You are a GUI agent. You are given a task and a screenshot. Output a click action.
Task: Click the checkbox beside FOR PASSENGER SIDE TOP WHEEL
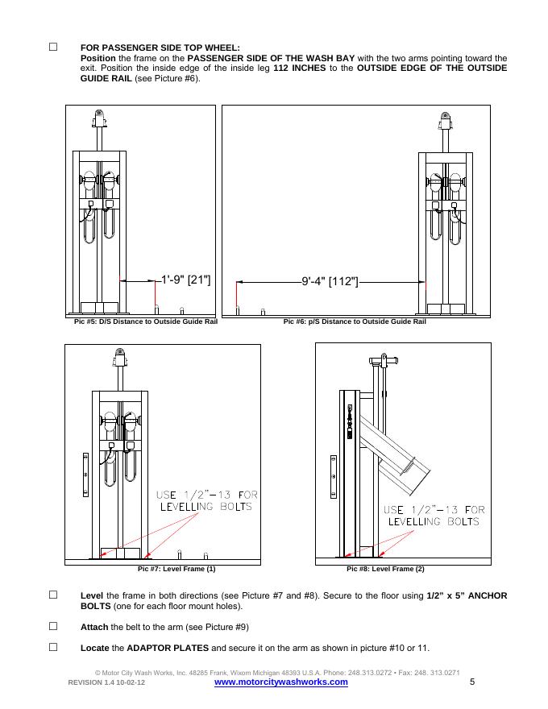[53, 47]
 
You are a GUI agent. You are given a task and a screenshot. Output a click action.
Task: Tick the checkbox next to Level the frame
[53, 595]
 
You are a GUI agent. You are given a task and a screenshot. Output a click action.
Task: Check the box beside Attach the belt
[53, 626]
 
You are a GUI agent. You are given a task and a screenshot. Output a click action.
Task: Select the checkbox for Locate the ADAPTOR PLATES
[53, 647]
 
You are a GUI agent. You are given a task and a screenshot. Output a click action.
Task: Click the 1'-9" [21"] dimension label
[186, 280]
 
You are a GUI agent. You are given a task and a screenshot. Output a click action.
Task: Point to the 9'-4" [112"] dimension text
[330, 282]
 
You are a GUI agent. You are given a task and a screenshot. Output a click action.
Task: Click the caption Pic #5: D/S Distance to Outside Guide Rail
[146, 321]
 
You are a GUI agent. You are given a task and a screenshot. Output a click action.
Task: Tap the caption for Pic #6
[355, 321]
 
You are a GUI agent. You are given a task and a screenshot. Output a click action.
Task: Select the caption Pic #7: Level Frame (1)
[176, 569]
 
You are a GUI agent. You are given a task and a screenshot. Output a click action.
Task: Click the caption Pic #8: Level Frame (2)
[385, 569]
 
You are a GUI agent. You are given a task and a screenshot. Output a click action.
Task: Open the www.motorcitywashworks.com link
[280, 682]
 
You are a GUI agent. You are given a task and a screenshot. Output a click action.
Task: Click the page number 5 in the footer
[472, 682]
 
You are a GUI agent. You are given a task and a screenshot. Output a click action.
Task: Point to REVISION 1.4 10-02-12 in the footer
[106, 682]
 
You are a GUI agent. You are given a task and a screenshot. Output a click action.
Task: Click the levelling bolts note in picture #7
[206, 500]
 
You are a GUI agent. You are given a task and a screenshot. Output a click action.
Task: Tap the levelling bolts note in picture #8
[434, 516]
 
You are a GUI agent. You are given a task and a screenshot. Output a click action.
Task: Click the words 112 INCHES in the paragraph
[299, 68]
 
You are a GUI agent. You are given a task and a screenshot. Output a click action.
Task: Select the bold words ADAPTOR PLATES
[168, 648]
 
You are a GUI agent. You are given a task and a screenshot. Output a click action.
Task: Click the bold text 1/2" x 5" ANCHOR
[467, 595]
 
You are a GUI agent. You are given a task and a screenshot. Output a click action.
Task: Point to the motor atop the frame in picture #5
[99, 118]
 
